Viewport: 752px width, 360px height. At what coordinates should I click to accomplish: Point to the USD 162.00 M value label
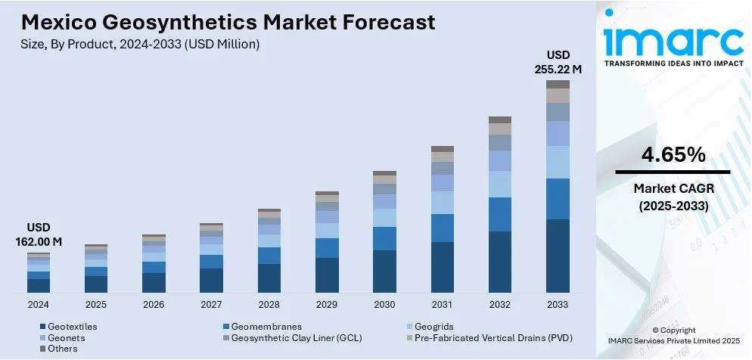click(x=39, y=234)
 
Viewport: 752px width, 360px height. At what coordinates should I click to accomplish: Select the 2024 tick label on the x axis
click(x=39, y=304)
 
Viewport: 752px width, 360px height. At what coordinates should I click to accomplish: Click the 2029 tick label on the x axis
click(x=327, y=304)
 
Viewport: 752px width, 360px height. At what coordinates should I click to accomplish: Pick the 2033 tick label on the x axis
click(x=558, y=304)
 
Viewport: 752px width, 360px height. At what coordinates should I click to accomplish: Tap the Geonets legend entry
click(x=67, y=338)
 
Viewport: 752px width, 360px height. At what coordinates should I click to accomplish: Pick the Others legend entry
click(x=63, y=349)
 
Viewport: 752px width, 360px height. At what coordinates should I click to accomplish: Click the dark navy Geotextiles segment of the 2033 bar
click(x=558, y=256)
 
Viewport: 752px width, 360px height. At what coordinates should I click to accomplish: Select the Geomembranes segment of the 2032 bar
click(x=500, y=214)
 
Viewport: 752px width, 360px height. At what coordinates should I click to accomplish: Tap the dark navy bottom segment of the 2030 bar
click(x=384, y=271)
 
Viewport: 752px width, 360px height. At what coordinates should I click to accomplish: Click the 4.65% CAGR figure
click(x=673, y=156)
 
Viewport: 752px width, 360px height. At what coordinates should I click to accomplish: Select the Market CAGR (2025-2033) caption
click(x=673, y=197)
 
